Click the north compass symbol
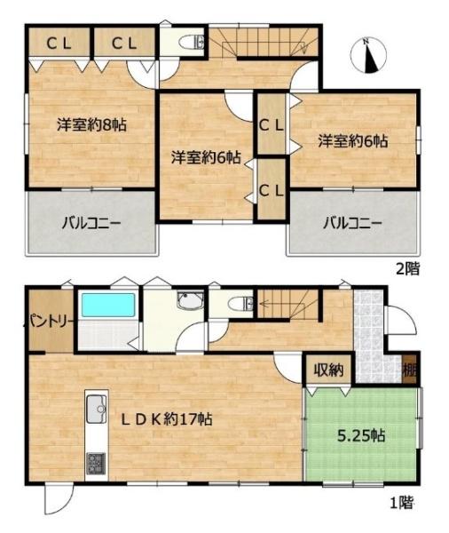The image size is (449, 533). pos(368,56)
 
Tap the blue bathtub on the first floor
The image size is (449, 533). pos(108,306)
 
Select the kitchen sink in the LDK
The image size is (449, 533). pos(96,409)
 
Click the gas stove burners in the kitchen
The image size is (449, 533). pos(96,464)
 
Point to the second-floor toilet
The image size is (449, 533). pos(193,42)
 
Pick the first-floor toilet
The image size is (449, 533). pos(240,304)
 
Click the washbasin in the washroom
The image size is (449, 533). pos(190,300)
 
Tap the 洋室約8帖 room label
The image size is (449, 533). pos(91,124)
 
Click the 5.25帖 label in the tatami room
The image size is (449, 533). pos(361,435)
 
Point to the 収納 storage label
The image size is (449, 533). pos(328,370)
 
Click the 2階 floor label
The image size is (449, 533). pos(408,268)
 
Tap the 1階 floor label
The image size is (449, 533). pos(402,503)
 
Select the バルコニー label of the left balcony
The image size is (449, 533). pos(91,224)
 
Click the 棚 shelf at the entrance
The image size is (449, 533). pos(410,370)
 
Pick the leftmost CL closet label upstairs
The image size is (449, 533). pos(59,44)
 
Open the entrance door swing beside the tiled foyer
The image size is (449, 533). pos(401,321)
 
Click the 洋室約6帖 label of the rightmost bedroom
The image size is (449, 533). pos(353,141)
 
